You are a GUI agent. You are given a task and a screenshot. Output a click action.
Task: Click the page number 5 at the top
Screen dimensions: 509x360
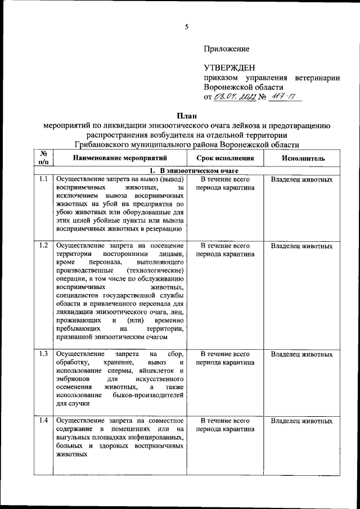186,26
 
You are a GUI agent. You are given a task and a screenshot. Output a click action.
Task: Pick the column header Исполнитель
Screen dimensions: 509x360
301,159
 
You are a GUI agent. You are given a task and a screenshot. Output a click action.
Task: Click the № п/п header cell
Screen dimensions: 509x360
43,158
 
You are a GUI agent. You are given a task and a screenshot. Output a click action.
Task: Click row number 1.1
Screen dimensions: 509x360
43,179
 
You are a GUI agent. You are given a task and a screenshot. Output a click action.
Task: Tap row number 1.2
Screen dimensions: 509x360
43,246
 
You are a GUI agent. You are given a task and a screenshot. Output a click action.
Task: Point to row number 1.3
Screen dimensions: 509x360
43,354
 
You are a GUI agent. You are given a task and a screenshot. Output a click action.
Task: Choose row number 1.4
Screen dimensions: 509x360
43,420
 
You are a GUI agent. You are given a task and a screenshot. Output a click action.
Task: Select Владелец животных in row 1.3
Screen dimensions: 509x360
301,354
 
